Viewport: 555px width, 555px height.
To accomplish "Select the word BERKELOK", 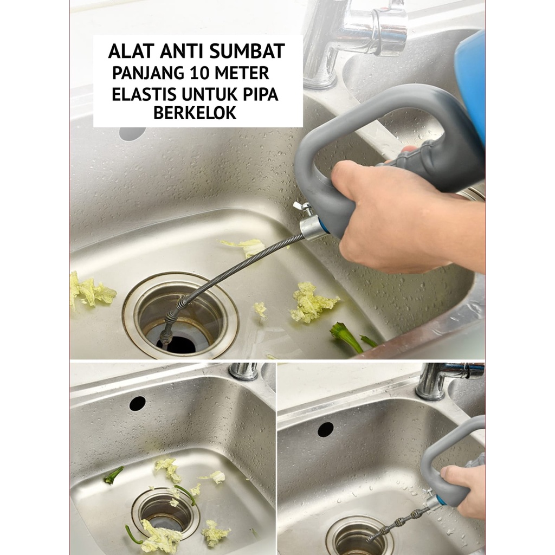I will [x=195, y=113].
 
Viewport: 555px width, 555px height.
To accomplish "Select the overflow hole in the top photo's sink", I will [x=132, y=133].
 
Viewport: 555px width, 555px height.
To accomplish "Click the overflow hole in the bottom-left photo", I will [x=138, y=403].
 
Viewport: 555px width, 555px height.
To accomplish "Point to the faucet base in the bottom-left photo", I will [x=244, y=371].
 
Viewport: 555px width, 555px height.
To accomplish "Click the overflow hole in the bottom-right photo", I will [x=326, y=429].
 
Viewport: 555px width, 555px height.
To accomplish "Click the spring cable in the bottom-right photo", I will [x=398, y=523].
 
